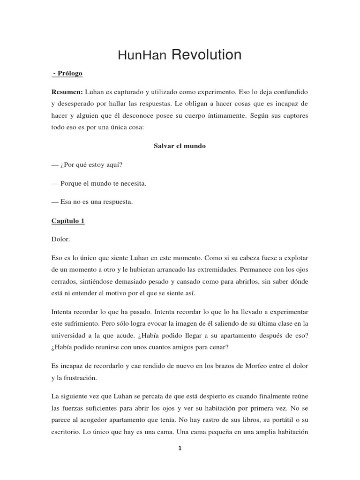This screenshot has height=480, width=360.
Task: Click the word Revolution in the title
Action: click(207, 55)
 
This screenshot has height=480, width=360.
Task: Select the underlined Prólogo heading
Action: click(70, 74)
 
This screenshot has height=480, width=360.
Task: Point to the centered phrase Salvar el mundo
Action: click(180, 146)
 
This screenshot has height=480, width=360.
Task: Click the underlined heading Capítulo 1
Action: click(68, 221)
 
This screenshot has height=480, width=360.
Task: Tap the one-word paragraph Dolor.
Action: click(61, 239)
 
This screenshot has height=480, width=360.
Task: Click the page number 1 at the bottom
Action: click(180, 448)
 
